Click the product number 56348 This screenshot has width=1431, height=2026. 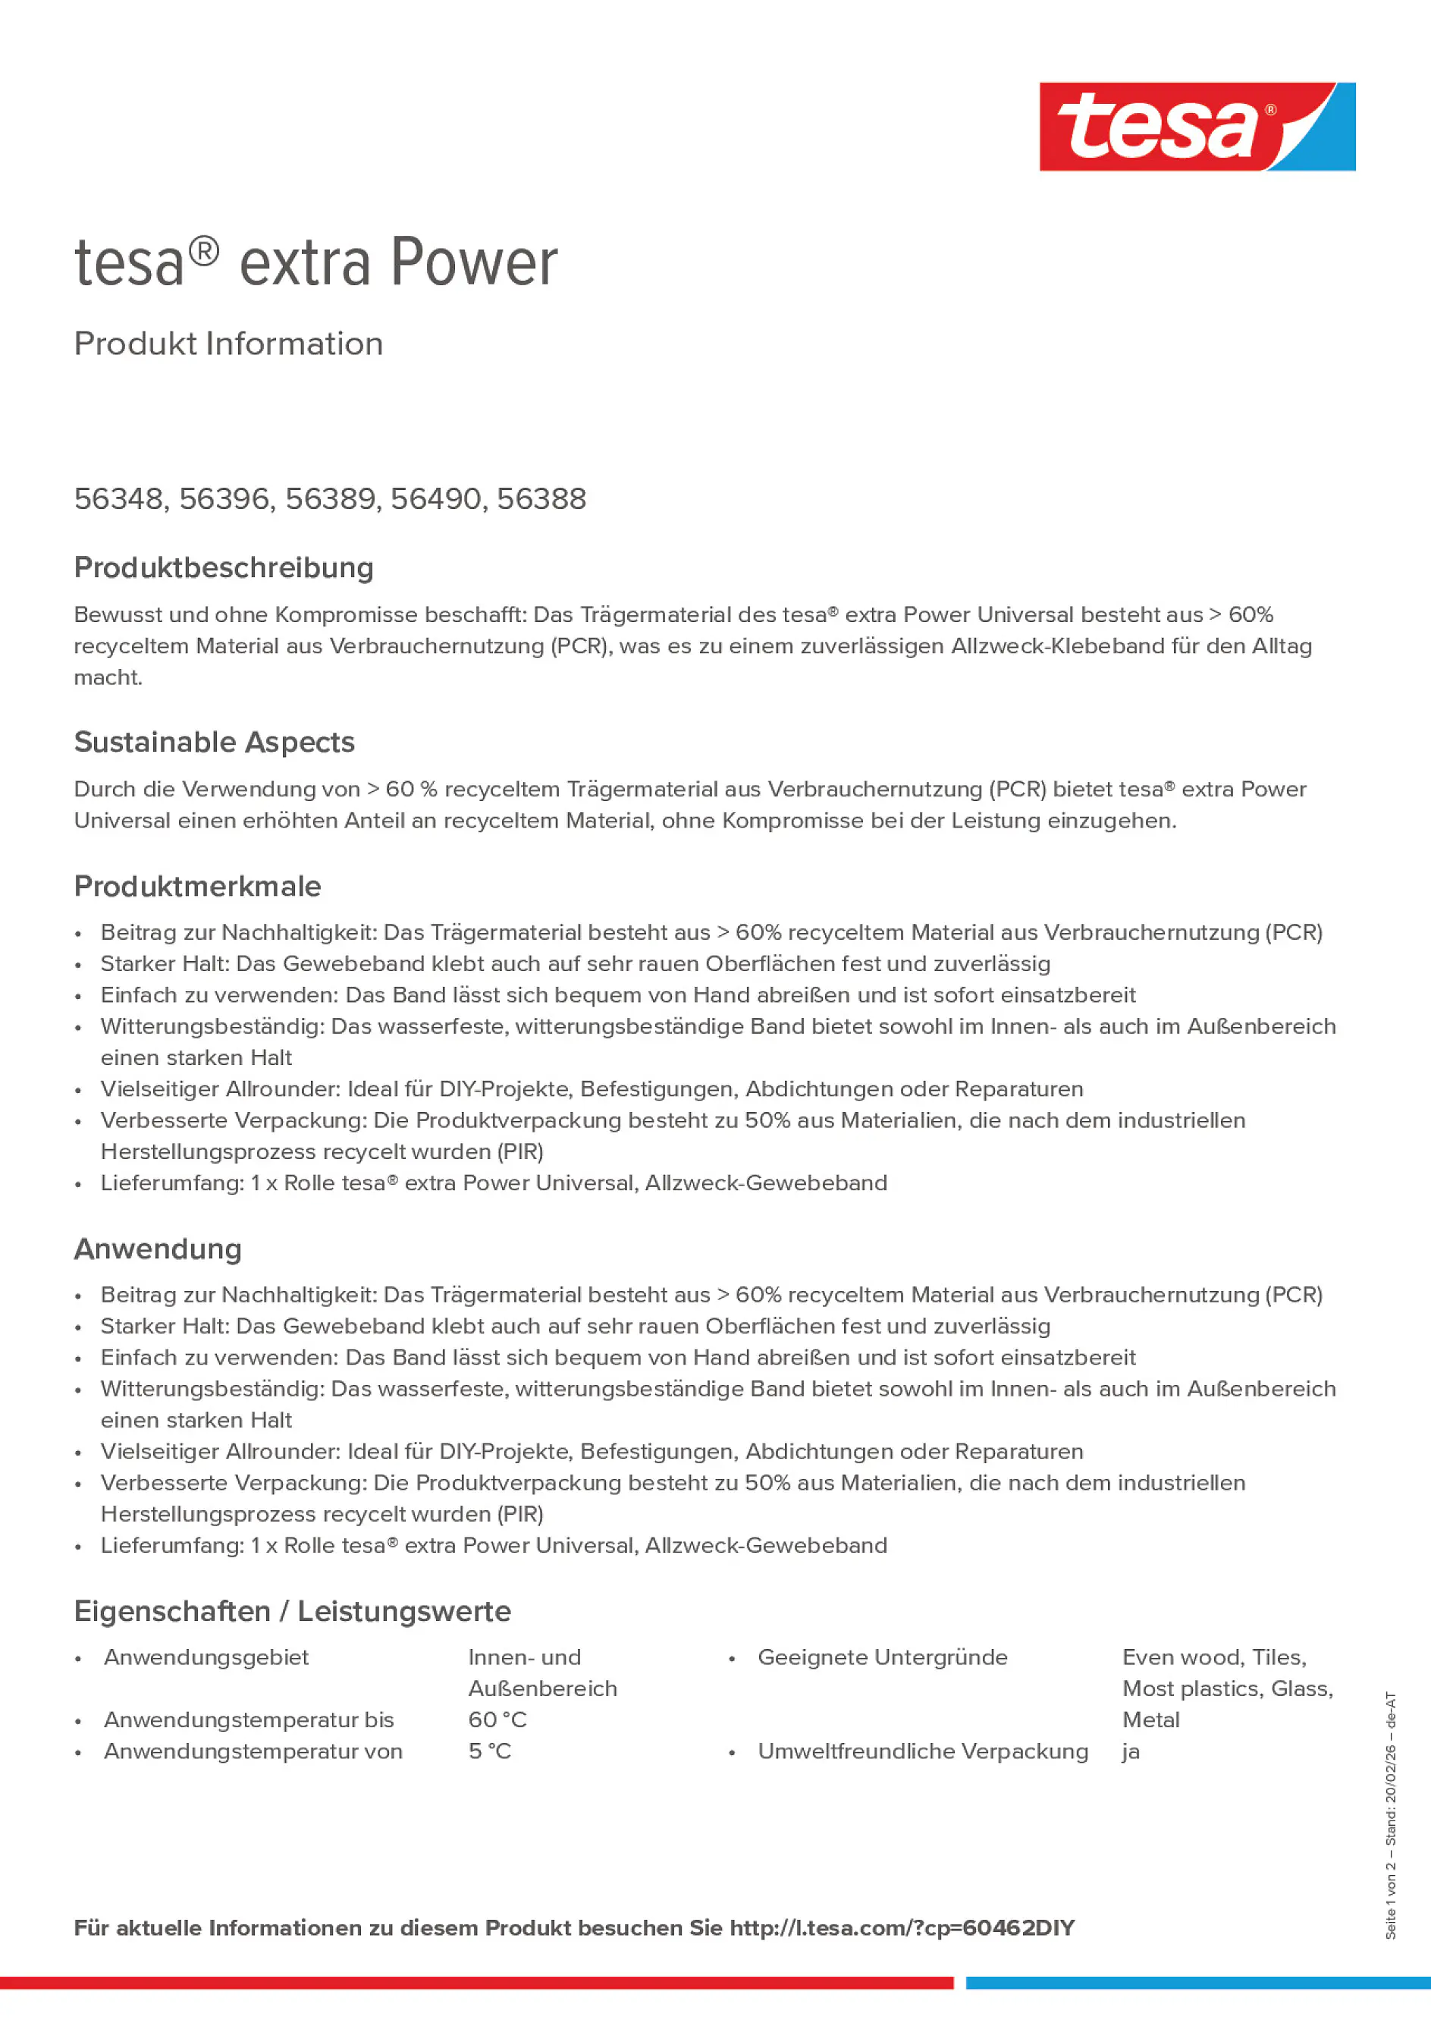coord(118,499)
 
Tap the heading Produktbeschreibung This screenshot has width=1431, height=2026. coord(223,567)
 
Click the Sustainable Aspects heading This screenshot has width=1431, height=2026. coord(214,742)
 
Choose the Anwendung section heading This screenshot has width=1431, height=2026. coord(158,1249)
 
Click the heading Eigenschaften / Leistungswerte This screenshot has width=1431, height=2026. coord(292,1611)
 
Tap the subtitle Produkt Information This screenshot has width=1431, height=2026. coord(228,344)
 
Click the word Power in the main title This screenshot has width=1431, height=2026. coord(474,263)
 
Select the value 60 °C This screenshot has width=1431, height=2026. coord(497,1720)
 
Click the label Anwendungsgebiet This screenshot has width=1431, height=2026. coord(206,1657)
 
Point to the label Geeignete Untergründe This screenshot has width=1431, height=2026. coord(882,1657)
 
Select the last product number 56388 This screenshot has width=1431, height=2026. coord(541,499)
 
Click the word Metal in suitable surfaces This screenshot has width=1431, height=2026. coord(1150,1720)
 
